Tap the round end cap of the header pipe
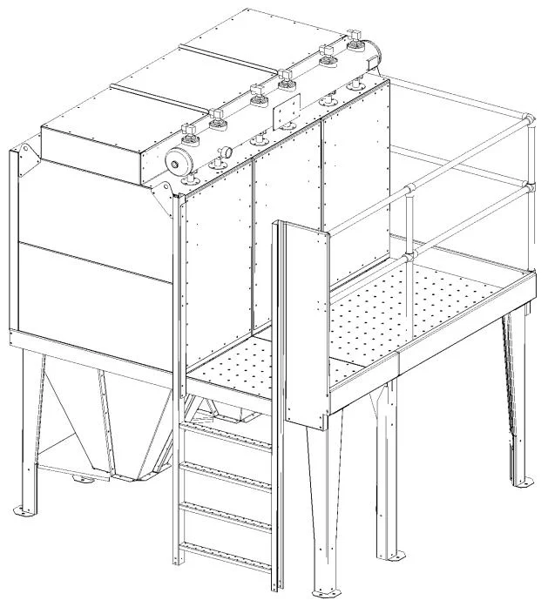[179, 161]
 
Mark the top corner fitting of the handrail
[528, 118]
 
